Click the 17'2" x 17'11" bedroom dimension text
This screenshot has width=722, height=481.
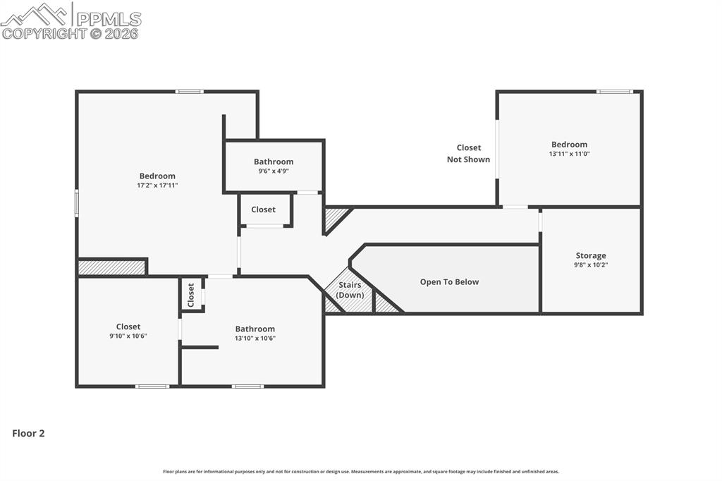(157, 185)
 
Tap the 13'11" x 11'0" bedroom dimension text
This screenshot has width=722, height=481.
(569, 154)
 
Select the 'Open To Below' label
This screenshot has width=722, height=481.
(449, 282)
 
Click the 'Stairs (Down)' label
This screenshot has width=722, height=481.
(349, 290)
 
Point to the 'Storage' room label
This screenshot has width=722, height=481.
(590, 256)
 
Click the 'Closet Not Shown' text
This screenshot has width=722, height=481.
(468, 154)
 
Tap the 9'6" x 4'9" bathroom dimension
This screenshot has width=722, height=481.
(274, 171)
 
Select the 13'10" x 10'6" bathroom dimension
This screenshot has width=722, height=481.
(255, 338)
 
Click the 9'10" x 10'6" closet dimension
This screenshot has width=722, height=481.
(128, 336)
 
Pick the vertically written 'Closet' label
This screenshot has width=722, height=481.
(191, 294)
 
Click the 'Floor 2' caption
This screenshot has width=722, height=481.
(28, 434)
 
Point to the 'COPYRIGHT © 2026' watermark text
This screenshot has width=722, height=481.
(71, 33)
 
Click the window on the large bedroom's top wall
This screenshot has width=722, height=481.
(190, 91)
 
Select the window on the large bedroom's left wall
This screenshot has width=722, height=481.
(77, 202)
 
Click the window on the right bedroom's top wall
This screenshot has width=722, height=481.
(614, 91)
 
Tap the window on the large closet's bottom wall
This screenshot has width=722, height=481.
(152, 386)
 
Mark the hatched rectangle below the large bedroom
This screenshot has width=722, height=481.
(111, 268)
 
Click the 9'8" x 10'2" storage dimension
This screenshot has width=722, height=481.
(590, 265)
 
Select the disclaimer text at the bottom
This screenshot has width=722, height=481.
(361, 472)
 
